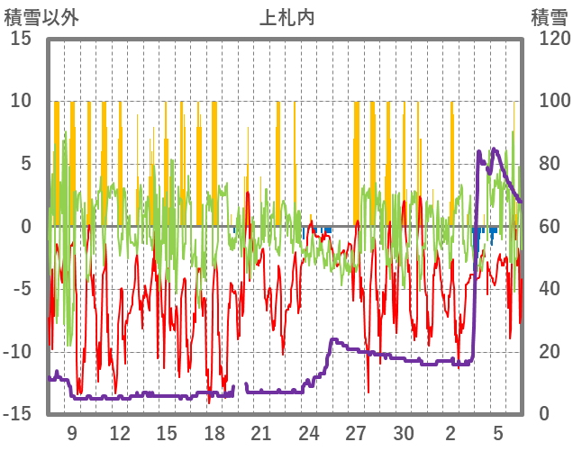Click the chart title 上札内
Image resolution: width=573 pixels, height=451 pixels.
point(286,17)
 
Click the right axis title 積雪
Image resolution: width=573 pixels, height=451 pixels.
point(548,17)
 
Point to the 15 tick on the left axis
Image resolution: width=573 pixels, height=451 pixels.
point(22,39)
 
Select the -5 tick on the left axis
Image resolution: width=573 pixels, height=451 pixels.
point(24,289)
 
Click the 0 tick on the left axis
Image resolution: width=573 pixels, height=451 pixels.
point(27,226)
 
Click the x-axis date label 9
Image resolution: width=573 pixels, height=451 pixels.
point(72,432)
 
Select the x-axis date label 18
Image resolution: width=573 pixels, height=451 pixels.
point(214,432)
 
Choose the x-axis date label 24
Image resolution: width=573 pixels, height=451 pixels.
point(310,432)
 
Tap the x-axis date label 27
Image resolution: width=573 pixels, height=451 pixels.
point(357,432)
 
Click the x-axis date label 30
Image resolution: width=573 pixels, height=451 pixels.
point(405,432)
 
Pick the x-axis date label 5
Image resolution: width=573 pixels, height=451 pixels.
point(499,432)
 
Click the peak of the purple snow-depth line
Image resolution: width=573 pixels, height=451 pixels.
point(494,149)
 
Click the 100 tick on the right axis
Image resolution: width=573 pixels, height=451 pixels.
point(549,101)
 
